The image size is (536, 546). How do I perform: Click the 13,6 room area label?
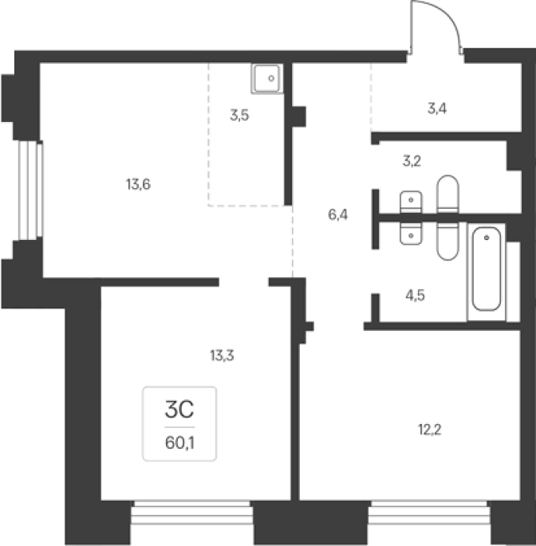138,184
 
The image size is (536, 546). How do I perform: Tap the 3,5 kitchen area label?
239,115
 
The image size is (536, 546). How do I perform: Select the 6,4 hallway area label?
337,215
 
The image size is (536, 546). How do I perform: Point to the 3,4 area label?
437,108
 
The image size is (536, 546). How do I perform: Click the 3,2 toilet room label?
412,161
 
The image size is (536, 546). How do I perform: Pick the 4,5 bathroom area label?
415,296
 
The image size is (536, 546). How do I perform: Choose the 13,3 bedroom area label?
222,355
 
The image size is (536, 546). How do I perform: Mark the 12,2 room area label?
430,430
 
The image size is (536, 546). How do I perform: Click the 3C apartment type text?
179,410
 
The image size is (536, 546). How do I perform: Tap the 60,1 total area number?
179,443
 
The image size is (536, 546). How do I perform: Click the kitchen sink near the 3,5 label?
267,79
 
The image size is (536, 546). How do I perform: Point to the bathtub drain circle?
487,238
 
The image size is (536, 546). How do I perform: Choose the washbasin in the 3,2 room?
411,202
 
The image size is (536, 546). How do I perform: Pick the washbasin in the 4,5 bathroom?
411,234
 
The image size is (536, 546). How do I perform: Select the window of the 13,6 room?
30,191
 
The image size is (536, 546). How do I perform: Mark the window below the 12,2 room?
429,513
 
